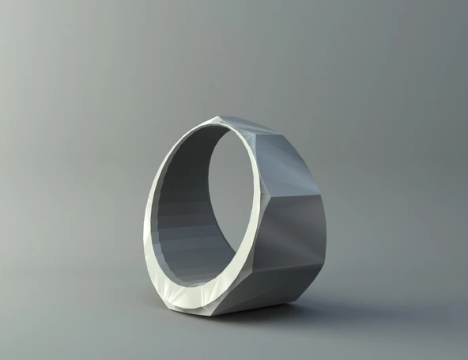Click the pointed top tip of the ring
[215, 119]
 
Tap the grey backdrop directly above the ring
[229, 55]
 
